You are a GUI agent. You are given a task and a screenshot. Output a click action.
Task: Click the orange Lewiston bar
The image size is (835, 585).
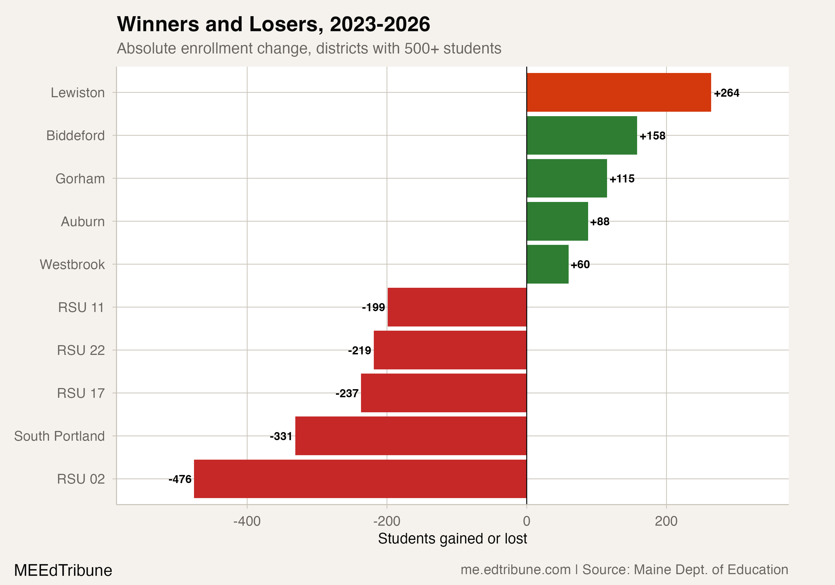pyautogui.click(x=618, y=92)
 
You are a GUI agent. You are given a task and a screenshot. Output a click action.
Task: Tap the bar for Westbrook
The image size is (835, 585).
pyautogui.click(x=547, y=264)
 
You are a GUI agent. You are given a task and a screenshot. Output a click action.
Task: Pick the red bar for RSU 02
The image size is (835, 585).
pyautogui.click(x=360, y=479)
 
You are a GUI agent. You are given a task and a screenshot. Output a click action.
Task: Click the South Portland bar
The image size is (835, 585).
pyautogui.click(x=411, y=436)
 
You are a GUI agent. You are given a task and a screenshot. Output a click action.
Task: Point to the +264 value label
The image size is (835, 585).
pyautogui.click(x=726, y=93)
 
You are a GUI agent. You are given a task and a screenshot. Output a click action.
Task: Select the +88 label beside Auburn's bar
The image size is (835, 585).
pyautogui.click(x=600, y=222)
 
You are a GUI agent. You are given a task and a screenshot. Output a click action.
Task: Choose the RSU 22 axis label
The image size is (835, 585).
pyautogui.click(x=81, y=350)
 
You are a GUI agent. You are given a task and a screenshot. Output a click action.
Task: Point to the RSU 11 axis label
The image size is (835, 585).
pyautogui.click(x=81, y=308)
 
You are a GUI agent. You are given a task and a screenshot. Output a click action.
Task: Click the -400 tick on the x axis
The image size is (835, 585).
pyautogui.click(x=247, y=521)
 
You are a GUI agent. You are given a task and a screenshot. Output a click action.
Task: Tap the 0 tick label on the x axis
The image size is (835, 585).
pyautogui.click(x=526, y=521)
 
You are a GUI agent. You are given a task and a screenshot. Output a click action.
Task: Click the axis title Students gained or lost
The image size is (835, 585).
pyautogui.click(x=452, y=538)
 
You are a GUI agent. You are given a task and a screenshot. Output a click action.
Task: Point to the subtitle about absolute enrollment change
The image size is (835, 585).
pyautogui.click(x=309, y=48)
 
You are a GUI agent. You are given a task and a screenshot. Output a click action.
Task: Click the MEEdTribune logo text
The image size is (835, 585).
pyautogui.click(x=63, y=570)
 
